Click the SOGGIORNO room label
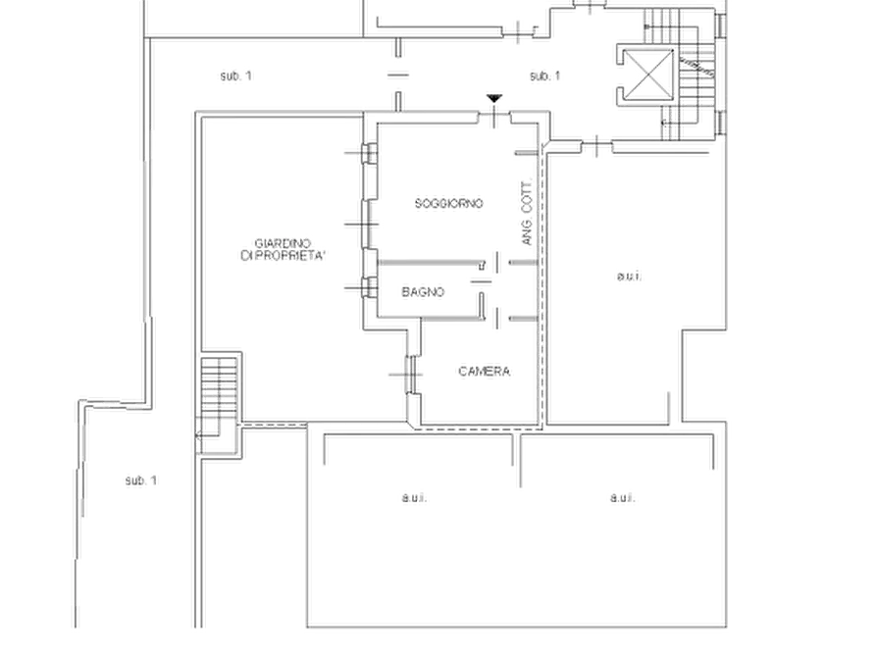coord(448,203)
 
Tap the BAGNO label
coord(423,291)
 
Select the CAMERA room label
coord(484,371)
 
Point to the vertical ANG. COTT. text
coord(527,214)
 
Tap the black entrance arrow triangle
coord(493,99)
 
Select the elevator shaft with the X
coord(647,74)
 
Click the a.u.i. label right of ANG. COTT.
coord(630,276)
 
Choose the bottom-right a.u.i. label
coord(622,497)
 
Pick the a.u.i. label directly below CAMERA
coord(414,497)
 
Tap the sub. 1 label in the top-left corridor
coord(235,76)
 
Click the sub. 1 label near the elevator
coord(544,76)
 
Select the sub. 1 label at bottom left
coord(141,480)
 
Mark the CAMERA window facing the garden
coord(413,375)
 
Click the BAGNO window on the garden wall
coord(368,288)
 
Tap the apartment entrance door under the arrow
coord(494,118)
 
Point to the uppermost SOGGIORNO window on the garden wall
coord(369,153)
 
